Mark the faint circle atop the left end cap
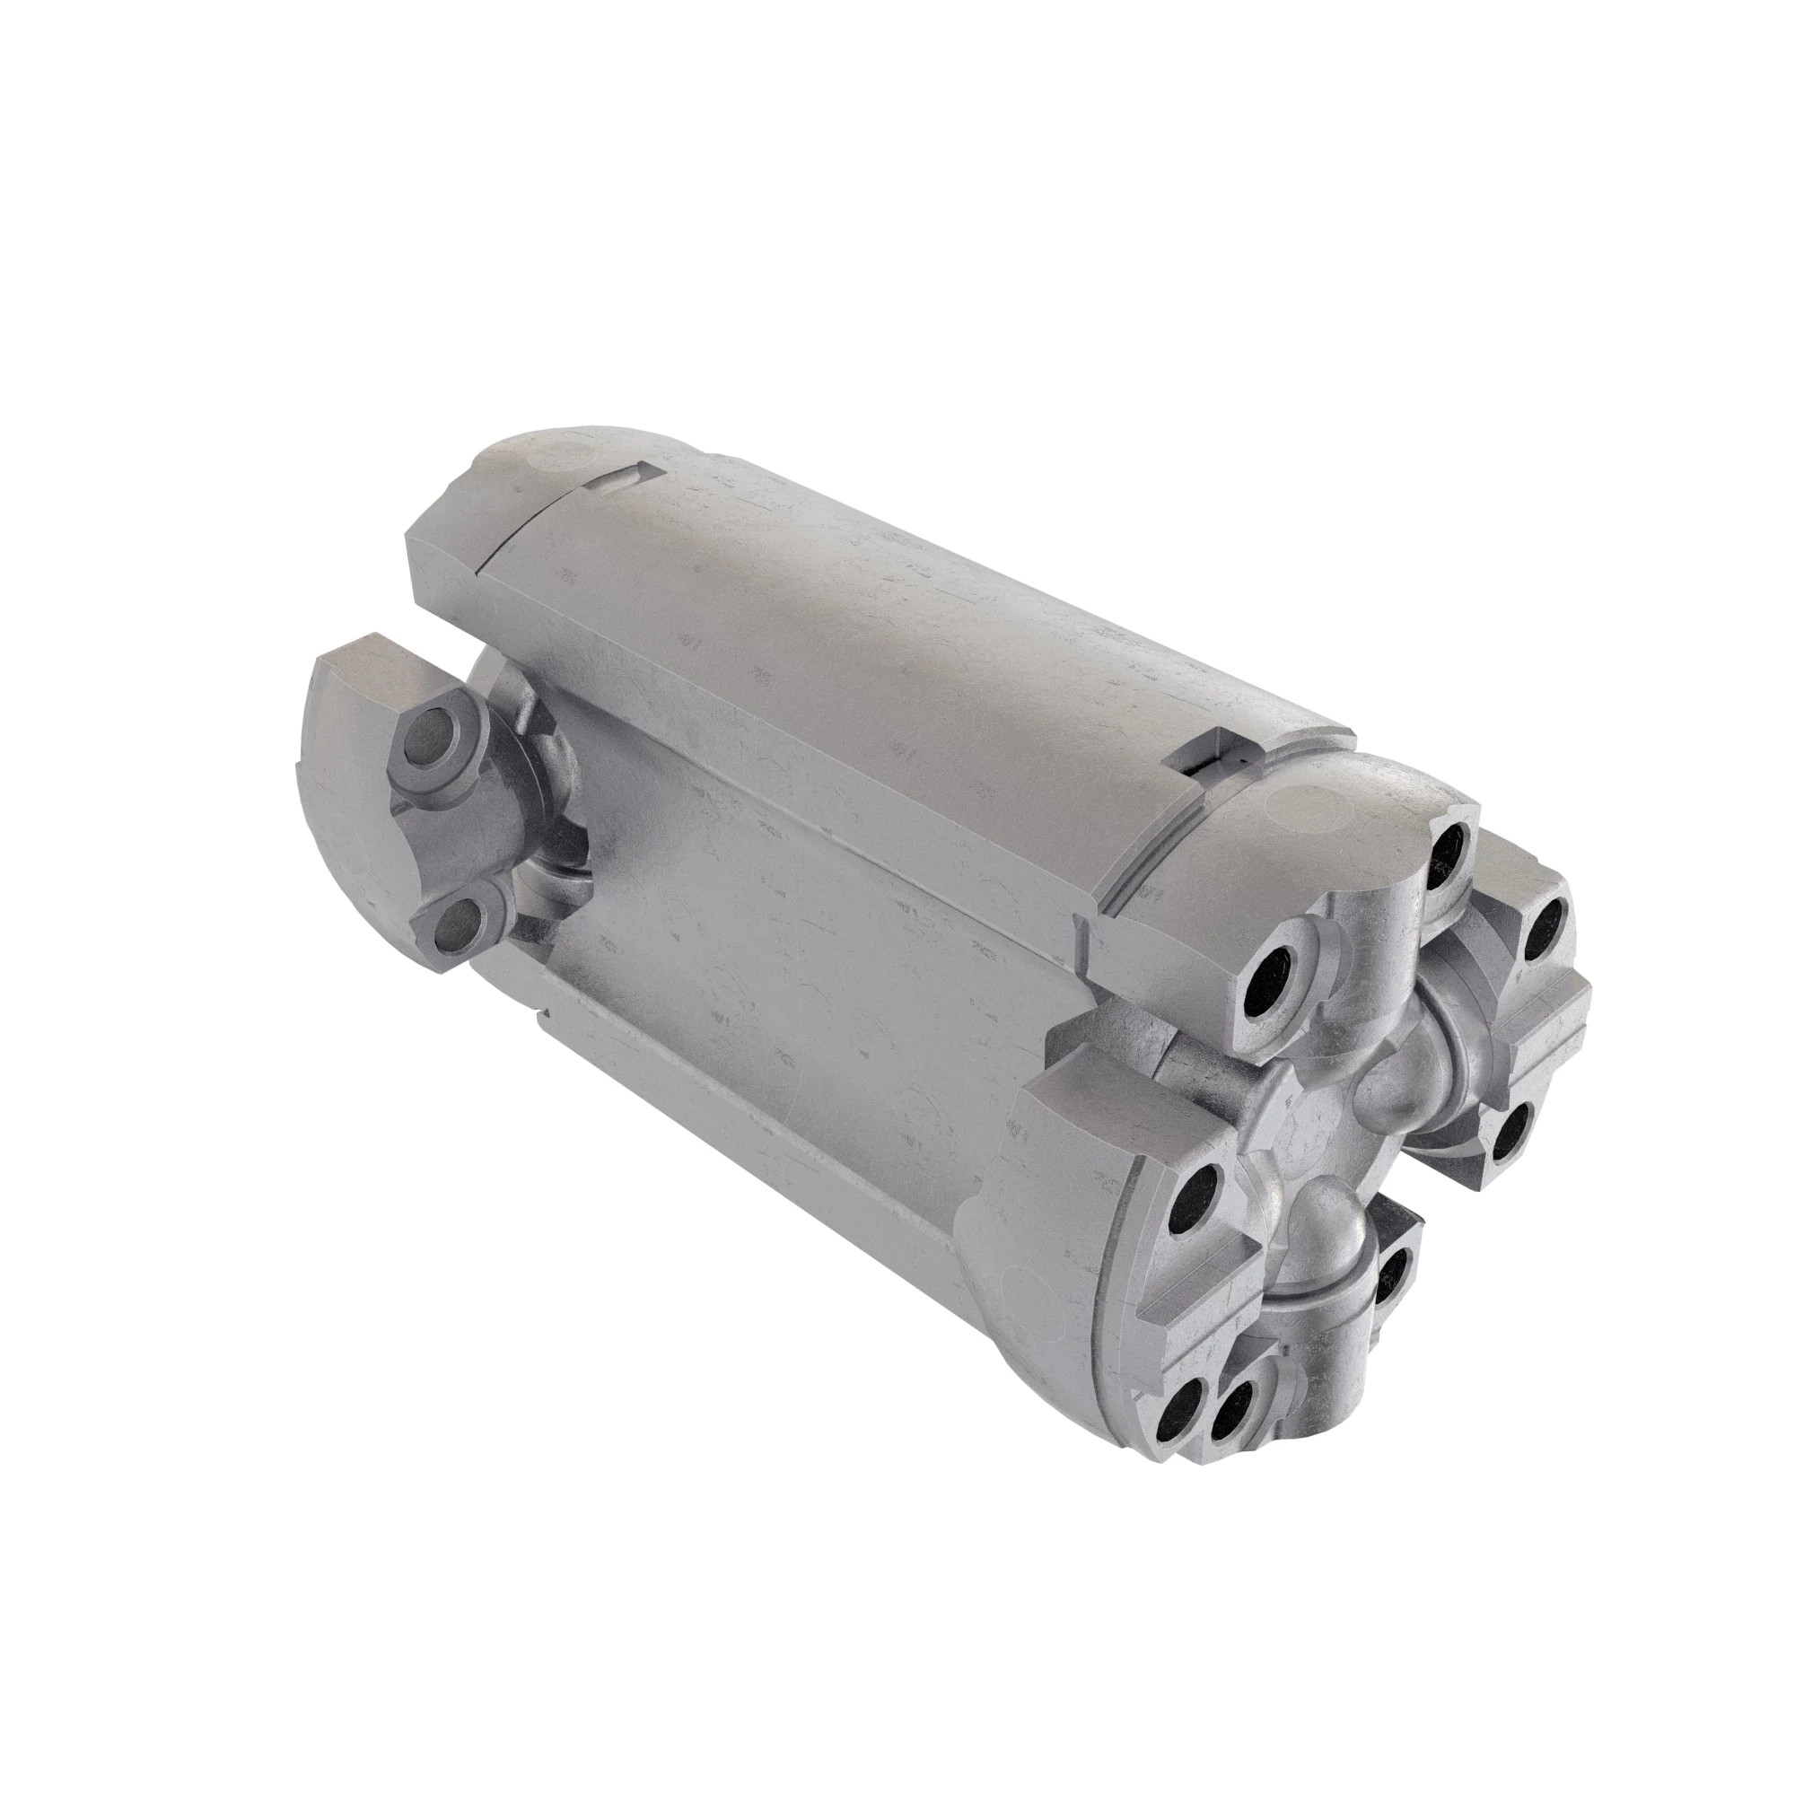pos(558,454)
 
